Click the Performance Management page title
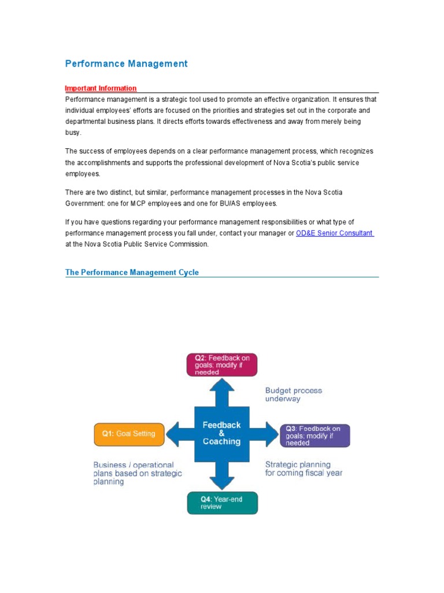click(126, 64)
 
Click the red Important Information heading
click(101, 89)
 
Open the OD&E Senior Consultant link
click(335, 233)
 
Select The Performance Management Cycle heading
click(132, 272)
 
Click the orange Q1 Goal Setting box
click(129, 434)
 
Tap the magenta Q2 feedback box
click(222, 365)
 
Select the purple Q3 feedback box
click(314, 435)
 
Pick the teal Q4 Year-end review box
click(222, 503)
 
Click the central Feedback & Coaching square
click(222, 433)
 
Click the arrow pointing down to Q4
click(222, 476)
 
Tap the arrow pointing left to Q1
click(180, 434)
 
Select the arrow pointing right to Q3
click(265, 434)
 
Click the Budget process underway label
click(294, 394)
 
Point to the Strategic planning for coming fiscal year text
click(304, 468)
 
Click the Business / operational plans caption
click(138, 473)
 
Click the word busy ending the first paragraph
click(72, 133)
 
